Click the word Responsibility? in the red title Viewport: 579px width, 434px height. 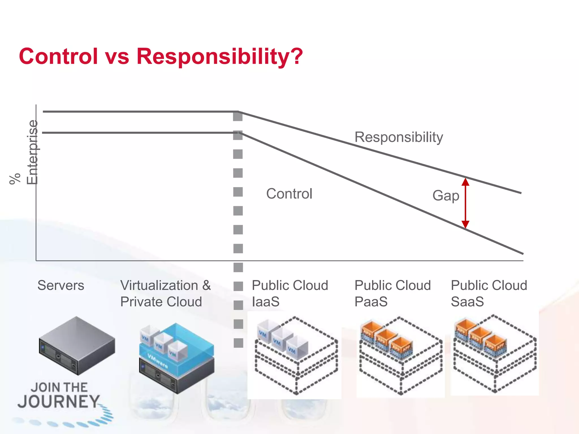[220, 57]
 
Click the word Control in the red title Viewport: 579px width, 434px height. [58, 56]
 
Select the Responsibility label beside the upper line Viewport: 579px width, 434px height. [399, 137]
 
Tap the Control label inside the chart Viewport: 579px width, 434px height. [289, 194]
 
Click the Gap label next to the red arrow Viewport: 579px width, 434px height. [446, 196]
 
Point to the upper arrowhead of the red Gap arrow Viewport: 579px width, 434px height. [465, 181]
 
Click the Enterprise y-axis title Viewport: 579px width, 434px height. [32, 152]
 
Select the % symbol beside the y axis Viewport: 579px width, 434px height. [15, 179]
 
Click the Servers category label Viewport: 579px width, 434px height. [61, 285]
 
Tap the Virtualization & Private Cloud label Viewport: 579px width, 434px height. [165, 293]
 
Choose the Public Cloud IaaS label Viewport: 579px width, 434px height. [290, 293]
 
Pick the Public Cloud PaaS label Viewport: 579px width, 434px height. [392, 293]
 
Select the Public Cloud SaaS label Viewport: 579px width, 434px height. [489, 293]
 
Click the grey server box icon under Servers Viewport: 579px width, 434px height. [77, 345]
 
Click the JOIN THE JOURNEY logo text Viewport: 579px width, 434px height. [59, 396]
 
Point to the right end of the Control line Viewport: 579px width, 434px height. [522, 253]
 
